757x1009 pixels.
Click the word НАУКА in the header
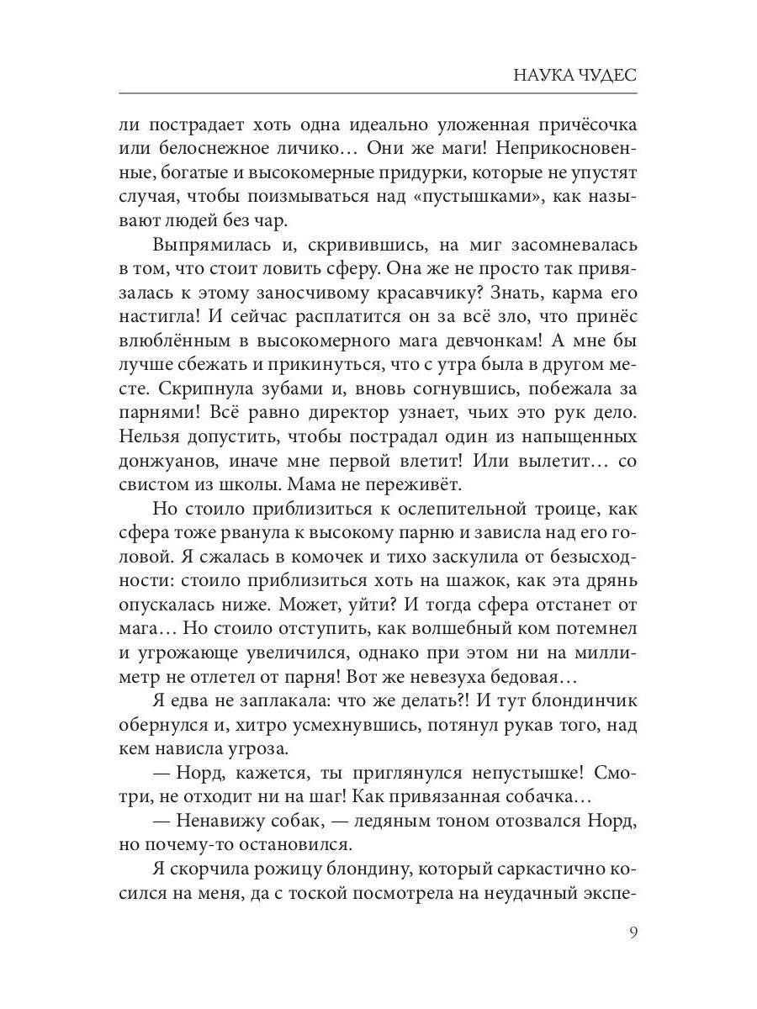coord(543,75)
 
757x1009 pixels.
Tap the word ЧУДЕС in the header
coord(607,75)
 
